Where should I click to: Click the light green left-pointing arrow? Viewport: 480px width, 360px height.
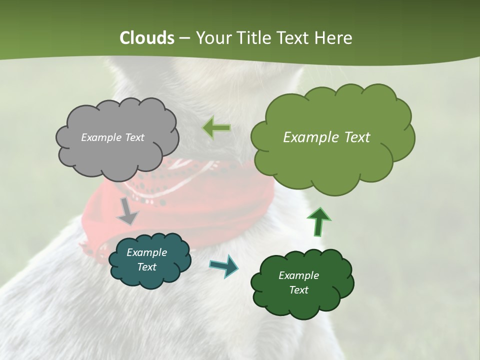pyautogui.click(x=216, y=127)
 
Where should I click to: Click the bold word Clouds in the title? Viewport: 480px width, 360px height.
pyautogui.click(x=146, y=38)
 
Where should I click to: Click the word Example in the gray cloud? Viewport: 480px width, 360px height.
pyautogui.click(x=101, y=137)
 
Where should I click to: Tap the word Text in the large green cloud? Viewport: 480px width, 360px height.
pyautogui.click(x=354, y=137)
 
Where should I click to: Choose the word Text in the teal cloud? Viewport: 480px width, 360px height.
pyautogui.click(x=147, y=267)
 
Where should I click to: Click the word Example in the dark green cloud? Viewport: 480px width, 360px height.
pyautogui.click(x=298, y=275)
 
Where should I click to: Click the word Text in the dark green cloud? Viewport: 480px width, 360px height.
pyautogui.click(x=298, y=290)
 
